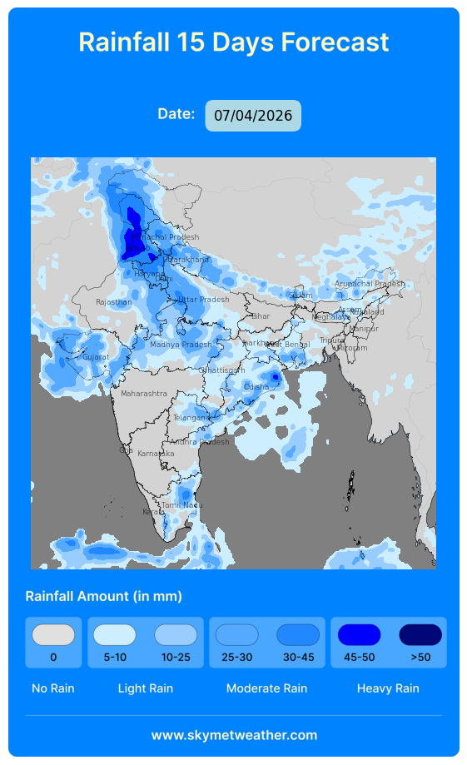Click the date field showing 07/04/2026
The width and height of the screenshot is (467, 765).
(253, 116)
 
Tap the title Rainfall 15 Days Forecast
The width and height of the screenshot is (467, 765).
(233, 42)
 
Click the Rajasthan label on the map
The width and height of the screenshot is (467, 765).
(113, 302)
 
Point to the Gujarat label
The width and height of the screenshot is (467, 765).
(95, 357)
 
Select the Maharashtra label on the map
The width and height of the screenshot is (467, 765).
(143, 393)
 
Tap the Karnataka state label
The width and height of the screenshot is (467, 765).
(156, 453)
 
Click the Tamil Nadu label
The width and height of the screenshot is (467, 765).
(181, 505)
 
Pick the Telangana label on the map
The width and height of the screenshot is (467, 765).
(191, 418)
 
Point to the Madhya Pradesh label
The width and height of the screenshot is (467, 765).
(181, 345)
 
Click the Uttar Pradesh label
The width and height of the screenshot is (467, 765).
(203, 300)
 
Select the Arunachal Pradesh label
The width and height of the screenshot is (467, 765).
(369, 284)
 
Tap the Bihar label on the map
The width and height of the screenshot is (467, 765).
(261, 316)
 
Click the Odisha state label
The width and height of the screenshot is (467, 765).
(256, 387)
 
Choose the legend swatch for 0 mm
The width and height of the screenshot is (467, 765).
(53, 635)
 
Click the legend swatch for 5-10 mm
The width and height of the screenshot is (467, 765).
(115, 635)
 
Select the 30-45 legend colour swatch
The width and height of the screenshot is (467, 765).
(298, 635)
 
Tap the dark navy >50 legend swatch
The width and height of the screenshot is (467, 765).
(420, 635)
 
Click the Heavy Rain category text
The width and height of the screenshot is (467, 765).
(388, 688)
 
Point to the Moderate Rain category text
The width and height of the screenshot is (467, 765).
(266, 688)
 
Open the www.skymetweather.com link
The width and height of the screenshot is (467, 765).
(234, 735)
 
